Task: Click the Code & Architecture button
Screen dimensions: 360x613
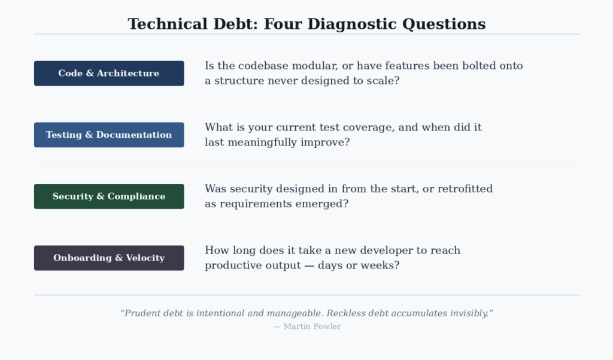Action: pyautogui.click(x=108, y=73)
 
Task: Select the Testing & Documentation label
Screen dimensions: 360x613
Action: pyautogui.click(x=108, y=135)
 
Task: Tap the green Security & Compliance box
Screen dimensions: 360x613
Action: pyautogui.click(x=108, y=196)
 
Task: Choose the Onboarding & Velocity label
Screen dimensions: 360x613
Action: pyautogui.click(x=108, y=258)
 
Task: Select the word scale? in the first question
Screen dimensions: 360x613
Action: pyautogui.click(x=383, y=80)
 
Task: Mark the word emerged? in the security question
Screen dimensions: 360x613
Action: pyautogui.click(x=327, y=204)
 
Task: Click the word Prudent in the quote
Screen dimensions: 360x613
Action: pyautogui.click(x=144, y=313)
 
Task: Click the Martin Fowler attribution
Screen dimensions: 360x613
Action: pyautogui.click(x=306, y=326)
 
